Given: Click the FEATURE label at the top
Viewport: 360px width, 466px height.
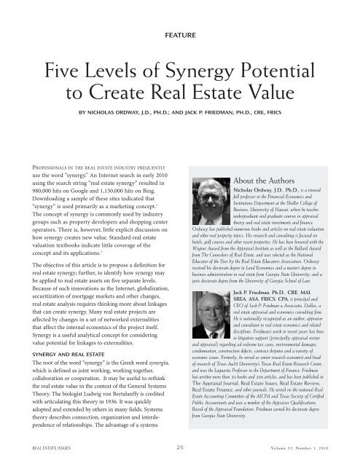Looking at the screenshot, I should coord(179,34).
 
